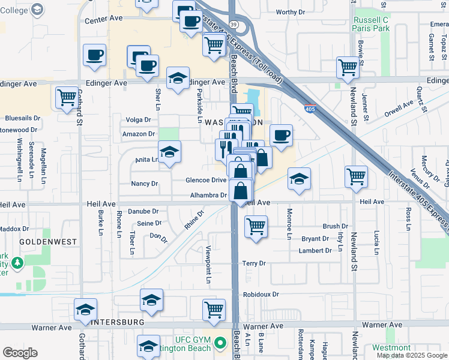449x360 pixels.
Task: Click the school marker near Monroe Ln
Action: pyautogui.click(x=298, y=179)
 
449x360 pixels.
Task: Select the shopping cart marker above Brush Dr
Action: pyautogui.click(x=256, y=227)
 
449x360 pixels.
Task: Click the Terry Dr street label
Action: pyautogui.click(x=254, y=263)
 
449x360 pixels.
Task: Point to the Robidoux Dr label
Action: pyautogui.click(x=261, y=295)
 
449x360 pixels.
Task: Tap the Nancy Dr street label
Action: pyautogui.click(x=145, y=184)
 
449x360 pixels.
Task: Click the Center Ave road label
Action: pyautogui.click(x=103, y=19)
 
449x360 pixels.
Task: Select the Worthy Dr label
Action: pyautogui.click(x=291, y=12)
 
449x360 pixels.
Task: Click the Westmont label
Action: pyautogui.click(x=391, y=347)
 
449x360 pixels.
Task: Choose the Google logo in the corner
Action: pyautogui.click(x=20, y=353)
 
